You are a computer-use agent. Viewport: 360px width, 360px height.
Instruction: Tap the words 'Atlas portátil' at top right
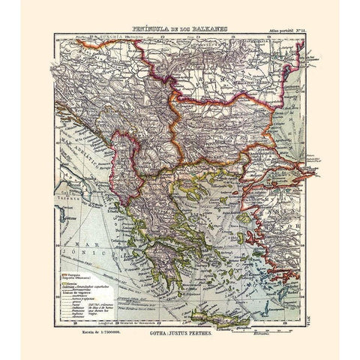274,32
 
